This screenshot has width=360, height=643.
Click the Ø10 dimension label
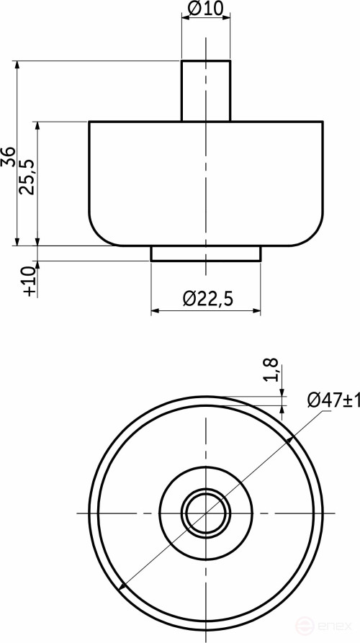pyautogui.click(x=206, y=8)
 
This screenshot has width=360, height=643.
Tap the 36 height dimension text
pyautogui.click(x=9, y=157)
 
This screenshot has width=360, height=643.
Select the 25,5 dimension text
pyautogui.click(x=28, y=176)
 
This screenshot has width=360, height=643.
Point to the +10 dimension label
pyautogui.click(x=29, y=281)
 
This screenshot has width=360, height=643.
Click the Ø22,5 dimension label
pyautogui.click(x=207, y=300)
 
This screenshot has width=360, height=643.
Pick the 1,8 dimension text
pyautogui.click(x=272, y=369)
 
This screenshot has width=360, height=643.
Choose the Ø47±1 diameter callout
pyautogui.click(x=333, y=399)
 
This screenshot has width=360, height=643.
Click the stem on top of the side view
pyautogui.click(x=206, y=91)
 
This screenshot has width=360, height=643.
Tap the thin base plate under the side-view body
pyautogui.click(x=206, y=253)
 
